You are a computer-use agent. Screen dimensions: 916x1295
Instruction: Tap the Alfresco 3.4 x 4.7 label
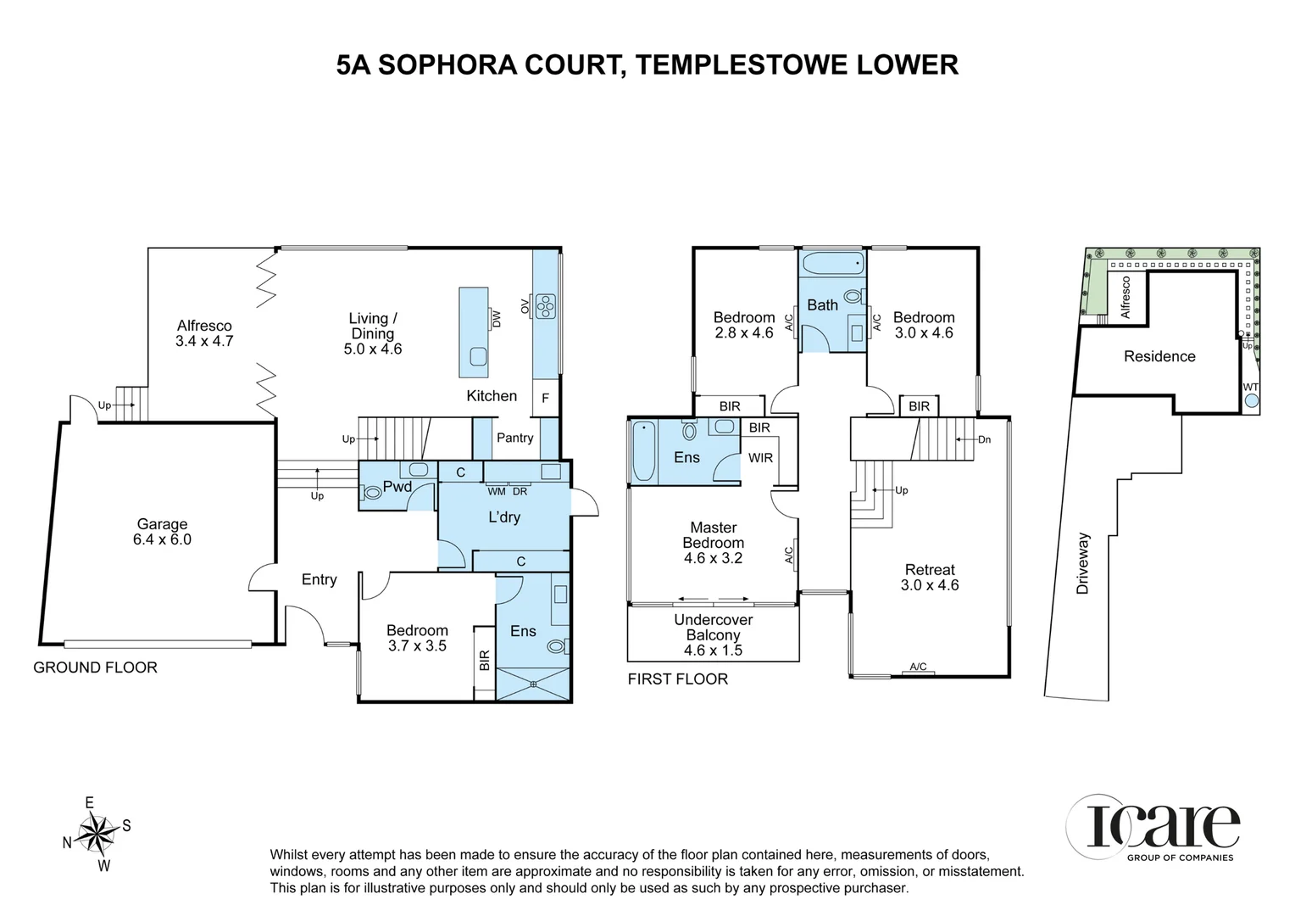tap(204, 333)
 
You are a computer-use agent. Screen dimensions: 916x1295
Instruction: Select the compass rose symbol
tap(97, 833)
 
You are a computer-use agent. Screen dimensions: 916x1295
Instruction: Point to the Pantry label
tap(514, 438)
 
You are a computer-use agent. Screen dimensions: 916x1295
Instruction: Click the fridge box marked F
tap(545, 398)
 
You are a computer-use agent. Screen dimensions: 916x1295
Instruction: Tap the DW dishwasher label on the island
tap(497, 318)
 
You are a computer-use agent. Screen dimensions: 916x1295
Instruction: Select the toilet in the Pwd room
tap(372, 492)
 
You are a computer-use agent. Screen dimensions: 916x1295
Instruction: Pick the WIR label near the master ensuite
tap(760, 458)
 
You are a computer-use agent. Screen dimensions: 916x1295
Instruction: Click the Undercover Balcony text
tap(713, 628)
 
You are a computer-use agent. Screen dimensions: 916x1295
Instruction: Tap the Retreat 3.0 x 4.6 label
tap(930, 578)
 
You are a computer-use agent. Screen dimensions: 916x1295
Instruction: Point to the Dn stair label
tap(984, 439)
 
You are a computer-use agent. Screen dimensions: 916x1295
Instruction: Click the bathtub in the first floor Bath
tap(832, 263)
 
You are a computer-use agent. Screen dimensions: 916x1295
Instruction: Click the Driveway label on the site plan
tap(1082, 563)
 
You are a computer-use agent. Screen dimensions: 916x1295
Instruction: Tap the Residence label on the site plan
tap(1159, 356)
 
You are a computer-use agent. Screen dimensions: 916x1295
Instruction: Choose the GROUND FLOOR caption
tap(95, 667)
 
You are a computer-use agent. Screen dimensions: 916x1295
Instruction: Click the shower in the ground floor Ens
tap(533, 684)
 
